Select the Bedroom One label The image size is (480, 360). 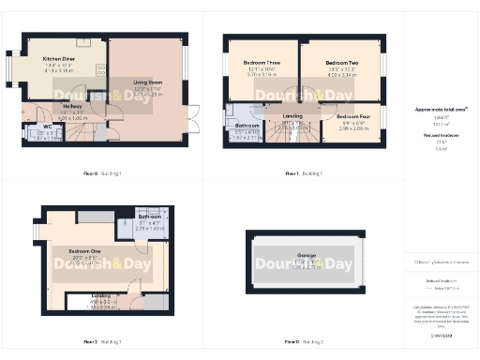83,251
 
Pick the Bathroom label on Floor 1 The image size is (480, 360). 247,125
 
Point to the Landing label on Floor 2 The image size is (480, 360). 100,296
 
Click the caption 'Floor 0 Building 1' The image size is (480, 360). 103,174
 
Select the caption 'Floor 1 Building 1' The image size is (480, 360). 304,174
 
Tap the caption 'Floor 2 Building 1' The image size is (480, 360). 103,342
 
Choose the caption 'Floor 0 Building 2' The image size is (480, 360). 304,342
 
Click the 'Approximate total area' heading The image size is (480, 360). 441,110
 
